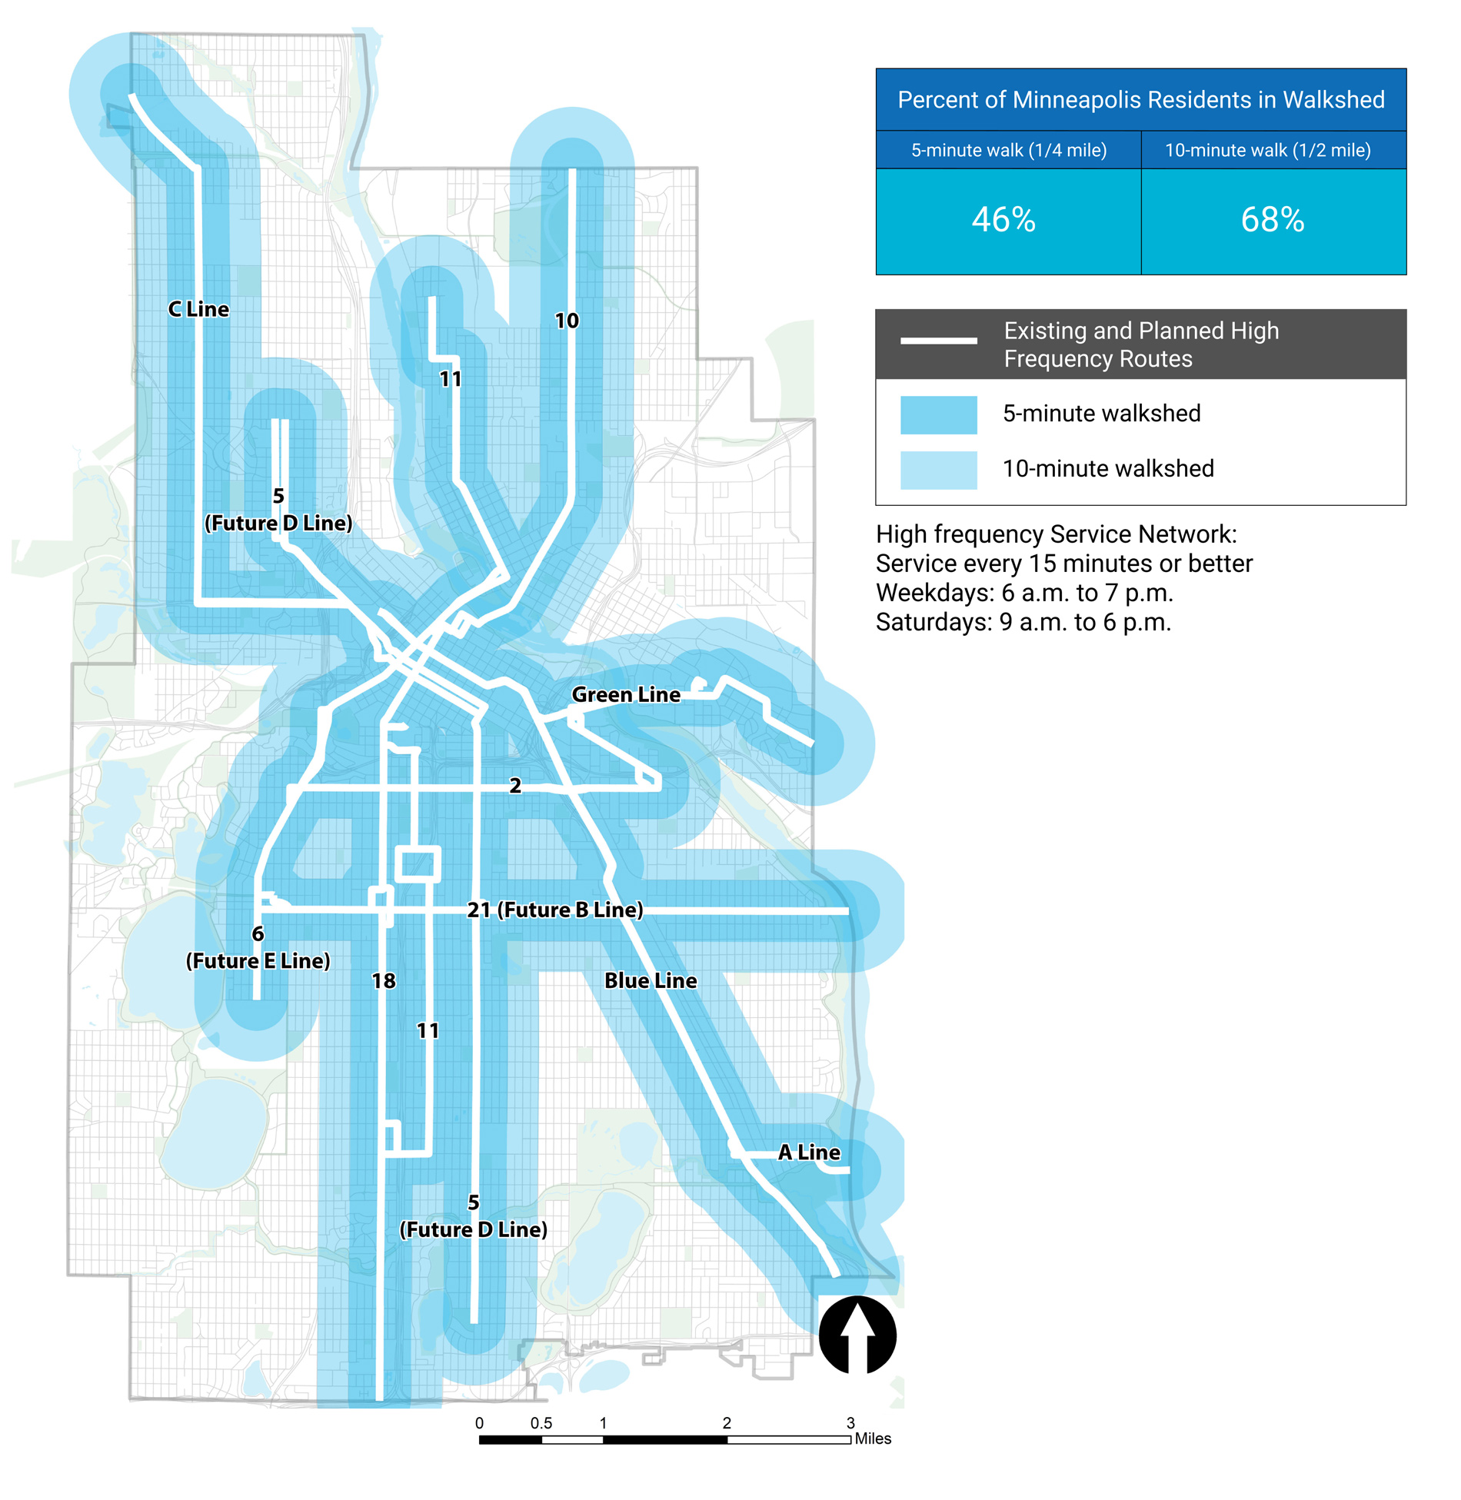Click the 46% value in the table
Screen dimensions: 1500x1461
pos(1003,220)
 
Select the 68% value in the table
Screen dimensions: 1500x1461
pos(1272,220)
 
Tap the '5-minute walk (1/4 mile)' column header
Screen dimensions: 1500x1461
pos(1008,150)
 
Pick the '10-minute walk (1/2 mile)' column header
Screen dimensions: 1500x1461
pos(1267,150)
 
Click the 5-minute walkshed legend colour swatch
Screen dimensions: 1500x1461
pos(938,414)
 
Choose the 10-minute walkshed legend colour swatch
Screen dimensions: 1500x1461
pos(938,470)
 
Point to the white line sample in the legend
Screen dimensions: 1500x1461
pos(938,340)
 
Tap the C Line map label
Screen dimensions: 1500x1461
pos(198,309)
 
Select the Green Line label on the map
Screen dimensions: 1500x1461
pos(625,694)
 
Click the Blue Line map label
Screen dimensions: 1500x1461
pos(650,980)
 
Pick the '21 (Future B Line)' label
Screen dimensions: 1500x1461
pos(554,910)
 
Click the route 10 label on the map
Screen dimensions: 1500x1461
pos(566,321)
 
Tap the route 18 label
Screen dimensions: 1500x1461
pos(383,980)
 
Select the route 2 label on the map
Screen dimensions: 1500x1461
pos(514,785)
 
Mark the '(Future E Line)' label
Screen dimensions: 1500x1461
pos(258,960)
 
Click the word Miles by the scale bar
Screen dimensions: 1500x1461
pos(872,1438)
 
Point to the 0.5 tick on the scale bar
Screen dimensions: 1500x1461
pos(541,1423)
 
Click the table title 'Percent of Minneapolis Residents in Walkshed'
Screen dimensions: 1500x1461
pos(1140,100)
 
